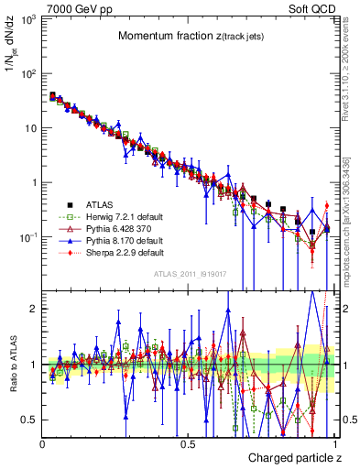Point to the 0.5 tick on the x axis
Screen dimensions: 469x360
pyautogui.click(x=189, y=442)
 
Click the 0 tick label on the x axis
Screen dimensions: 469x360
pyautogui.click(x=43, y=442)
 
